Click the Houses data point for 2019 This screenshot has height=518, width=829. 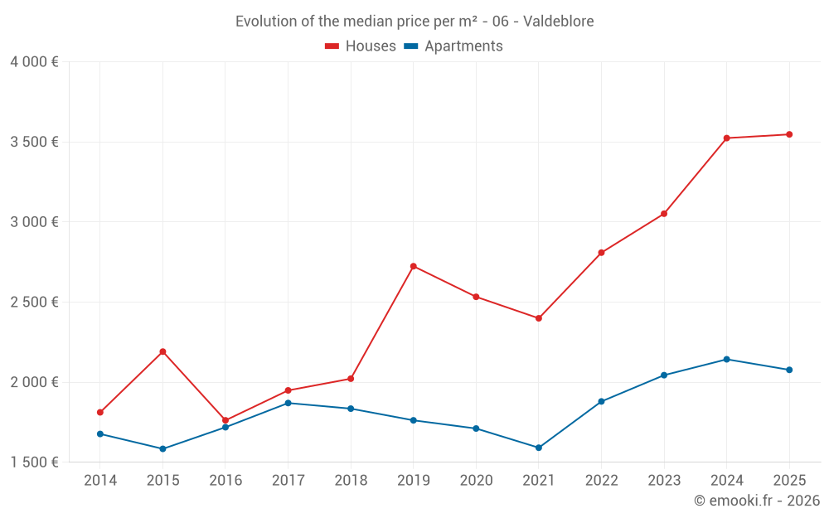[414, 266]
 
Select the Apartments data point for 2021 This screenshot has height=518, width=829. [539, 448]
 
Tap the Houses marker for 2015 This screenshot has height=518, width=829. [162, 351]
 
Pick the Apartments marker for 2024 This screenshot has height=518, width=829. [726, 359]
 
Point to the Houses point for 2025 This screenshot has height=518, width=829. [789, 134]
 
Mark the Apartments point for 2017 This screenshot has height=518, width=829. [288, 403]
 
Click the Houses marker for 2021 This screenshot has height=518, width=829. [539, 318]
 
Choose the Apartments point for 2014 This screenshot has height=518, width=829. [100, 433]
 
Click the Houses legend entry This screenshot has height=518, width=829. [361, 46]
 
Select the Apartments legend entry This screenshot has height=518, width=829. [453, 46]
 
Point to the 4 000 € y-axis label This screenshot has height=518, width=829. [34, 62]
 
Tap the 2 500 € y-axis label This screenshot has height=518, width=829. [34, 302]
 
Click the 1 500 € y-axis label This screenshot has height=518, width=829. [34, 462]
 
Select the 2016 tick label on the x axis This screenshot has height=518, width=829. [225, 481]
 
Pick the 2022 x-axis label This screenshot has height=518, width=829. [601, 481]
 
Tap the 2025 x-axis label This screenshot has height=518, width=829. [789, 481]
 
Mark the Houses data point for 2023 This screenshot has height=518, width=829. [664, 214]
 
